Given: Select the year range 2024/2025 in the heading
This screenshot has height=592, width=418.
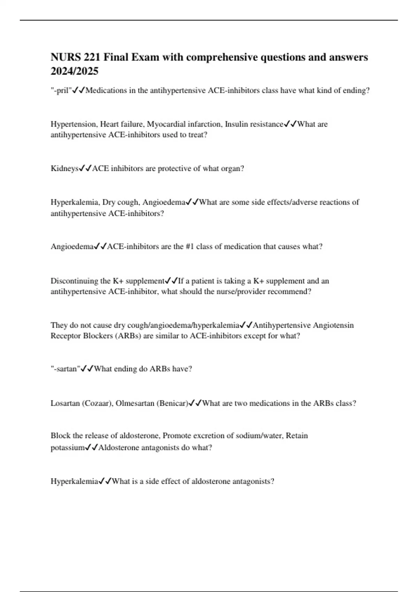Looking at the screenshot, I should point(75,71).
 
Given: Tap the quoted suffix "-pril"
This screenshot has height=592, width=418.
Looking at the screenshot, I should point(61,91).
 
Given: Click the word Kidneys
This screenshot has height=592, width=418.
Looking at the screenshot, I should point(64,169).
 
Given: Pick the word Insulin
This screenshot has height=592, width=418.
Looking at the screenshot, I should point(236,124).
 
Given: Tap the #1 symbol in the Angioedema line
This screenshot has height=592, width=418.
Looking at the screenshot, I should point(190,247).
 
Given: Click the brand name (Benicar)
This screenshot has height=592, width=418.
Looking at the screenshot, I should point(172,403).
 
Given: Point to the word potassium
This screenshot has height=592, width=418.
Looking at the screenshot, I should point(68,448).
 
